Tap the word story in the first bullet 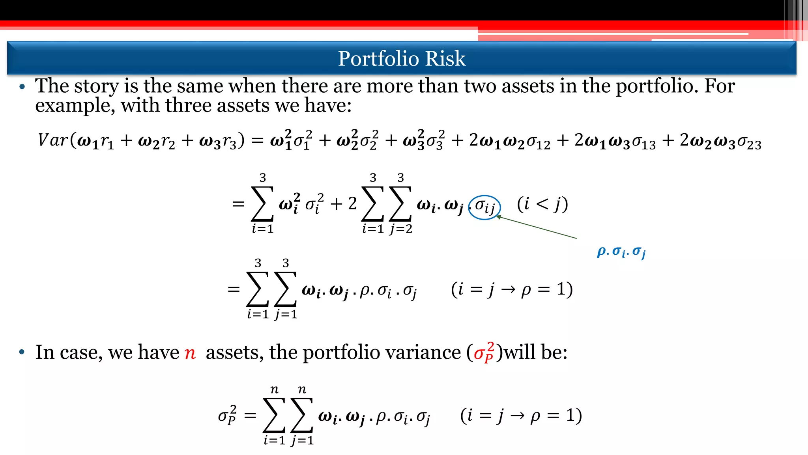(x=96, y=86)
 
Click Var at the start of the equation (x=53, y=140)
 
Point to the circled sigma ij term (x=485, y=206)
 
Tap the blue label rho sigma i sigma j (x=621, y=252)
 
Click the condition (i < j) (x=543, y=204)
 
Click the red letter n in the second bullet (x=190, y=352)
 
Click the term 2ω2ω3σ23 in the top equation (x=720, y=142)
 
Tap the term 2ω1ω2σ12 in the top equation (x=509, y=142)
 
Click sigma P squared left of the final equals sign (x=227, y=415)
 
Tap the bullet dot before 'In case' (x=22, y=352)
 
